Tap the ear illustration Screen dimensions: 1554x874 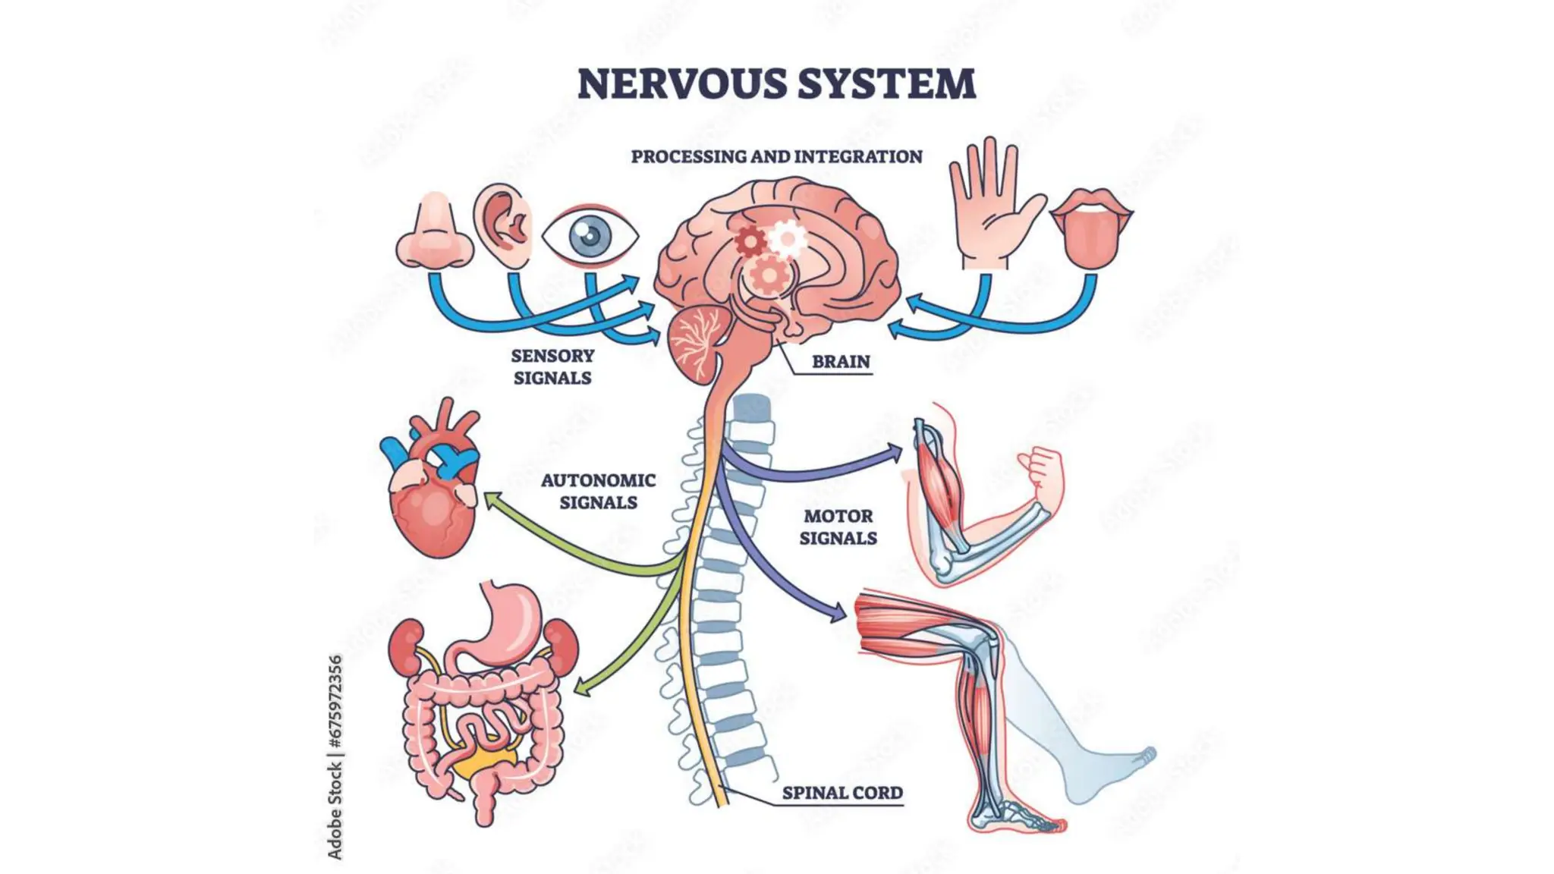click(503, 225)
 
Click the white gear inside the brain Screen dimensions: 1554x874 click(787, 240)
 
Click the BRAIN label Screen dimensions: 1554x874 click(841, 362)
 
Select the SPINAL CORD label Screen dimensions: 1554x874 click(842, 793)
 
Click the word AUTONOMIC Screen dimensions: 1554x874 click(598, 480)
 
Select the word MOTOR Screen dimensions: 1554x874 click(838, 516)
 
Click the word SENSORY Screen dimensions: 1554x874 click(552, 356)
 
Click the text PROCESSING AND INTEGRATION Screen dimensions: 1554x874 click(776, 156)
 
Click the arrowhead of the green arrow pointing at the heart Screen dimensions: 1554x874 click(494, 501)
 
